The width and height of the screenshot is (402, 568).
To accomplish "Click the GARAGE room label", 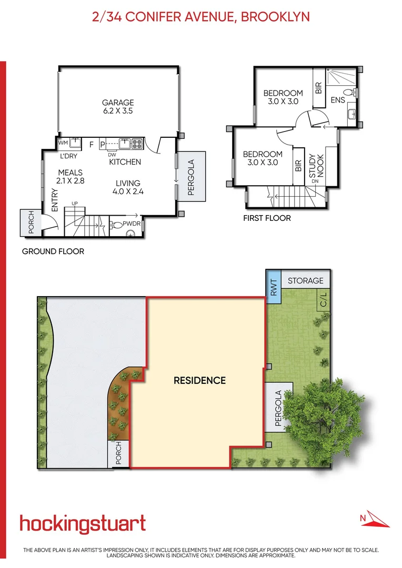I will pyautogui.click(x=118, y=103).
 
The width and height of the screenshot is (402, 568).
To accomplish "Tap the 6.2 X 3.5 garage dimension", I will pyautogui.click(x=118, y=111).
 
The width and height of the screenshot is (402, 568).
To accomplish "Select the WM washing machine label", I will pyautogui.click(x=63, y=143).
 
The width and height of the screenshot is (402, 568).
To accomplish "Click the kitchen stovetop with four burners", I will pyautogui.click(x=137, y=143).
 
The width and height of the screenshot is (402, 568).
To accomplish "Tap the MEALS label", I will pyautogui.click(x=71, y=173).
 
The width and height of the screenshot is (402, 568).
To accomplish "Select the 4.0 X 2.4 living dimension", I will pyautogui.click(x=128, y=191).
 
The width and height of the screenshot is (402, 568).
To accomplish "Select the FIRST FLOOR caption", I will pyautogui.click(x=267, y=218).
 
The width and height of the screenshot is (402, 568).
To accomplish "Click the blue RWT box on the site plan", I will pyautogui.click(x=273, y=287).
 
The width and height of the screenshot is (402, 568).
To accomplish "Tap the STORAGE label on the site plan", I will pyautogui.click(x=305, y=280).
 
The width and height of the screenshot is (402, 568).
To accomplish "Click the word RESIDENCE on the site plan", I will pyautogui.click(x=199, y=380).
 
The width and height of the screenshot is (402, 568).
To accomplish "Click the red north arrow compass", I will pyautogui.click(x=376, y=519).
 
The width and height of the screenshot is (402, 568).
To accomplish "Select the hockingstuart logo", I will pyautogui.click(x=83, y=523).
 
